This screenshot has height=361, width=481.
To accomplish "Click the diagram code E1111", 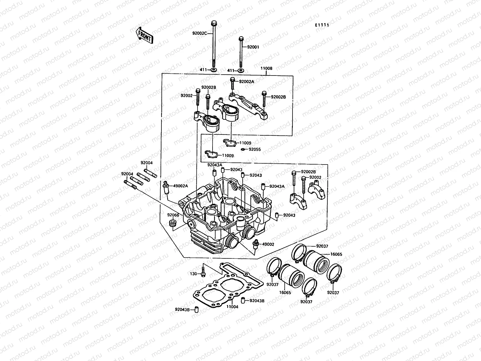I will click(x=322, y=25).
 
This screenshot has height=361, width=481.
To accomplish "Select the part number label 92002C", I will click(x=199, y=33).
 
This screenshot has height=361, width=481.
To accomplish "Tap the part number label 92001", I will click(x=253, y=47).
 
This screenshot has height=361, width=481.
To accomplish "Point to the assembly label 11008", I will click(x=266, y=68).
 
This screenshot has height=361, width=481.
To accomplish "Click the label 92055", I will click(x=255, y=149).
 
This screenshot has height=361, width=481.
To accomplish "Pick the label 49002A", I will click(x=180, y=185).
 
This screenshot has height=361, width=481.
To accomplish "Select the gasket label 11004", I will click(x=232, y=307).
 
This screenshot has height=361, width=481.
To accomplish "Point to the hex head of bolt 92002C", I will click(x=214, y=23).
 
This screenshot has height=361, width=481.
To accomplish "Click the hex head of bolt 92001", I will click(x=241, y=39).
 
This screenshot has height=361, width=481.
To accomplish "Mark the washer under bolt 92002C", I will click(x=213, y=70).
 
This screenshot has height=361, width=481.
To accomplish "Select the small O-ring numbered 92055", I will click(x=243, y=149).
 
